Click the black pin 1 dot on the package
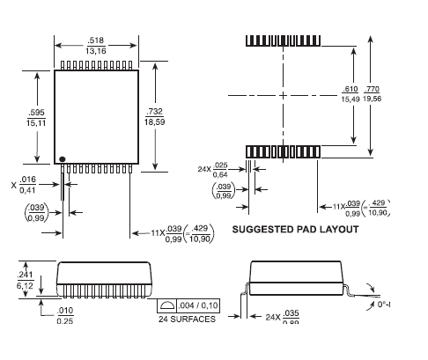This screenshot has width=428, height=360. tap(63, 158)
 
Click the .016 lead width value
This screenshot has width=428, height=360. tap(29, 180)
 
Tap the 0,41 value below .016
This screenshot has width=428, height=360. tap(29, 190)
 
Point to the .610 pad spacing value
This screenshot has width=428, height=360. tap(350, 91)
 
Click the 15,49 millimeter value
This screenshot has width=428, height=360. tap(350, 101)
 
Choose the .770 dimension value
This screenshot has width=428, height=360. tap(372, 91)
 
